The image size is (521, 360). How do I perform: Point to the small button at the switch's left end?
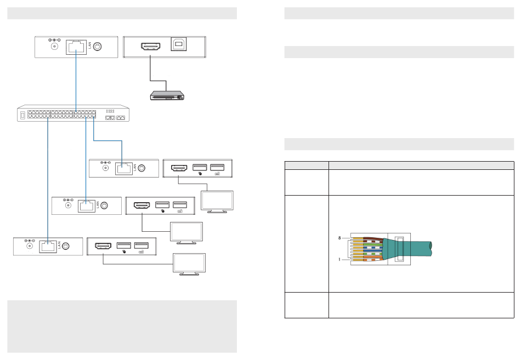pos(22,116)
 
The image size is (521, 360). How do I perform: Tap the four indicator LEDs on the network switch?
pos(110,111)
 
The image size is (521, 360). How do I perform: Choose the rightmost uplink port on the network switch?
pos(121,118)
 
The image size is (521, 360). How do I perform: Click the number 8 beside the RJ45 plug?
pos(340,238)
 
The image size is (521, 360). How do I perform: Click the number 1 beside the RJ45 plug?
pos(340,260)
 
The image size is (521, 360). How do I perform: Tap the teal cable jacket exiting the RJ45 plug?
pos(417,249)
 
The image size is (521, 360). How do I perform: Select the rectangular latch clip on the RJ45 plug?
pos(399,249)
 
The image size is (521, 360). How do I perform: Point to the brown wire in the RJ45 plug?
pos(367,239)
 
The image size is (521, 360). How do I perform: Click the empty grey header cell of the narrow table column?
pos(306,164)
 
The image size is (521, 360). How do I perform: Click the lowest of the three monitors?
pos(189,264)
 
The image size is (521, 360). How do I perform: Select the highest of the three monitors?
pos(217,200)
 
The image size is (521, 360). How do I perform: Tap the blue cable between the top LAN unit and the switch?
pos(76,82)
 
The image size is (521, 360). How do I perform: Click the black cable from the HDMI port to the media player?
pos(150,71)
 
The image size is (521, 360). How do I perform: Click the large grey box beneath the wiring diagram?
pos(122,326)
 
